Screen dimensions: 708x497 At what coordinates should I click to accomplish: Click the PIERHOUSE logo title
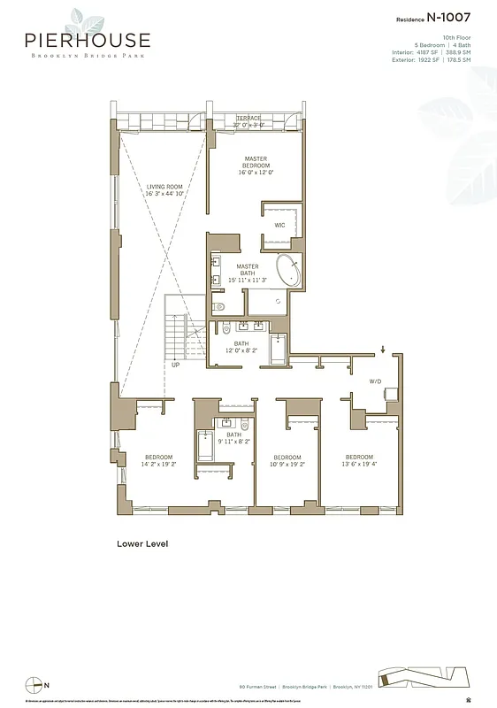point(87,40)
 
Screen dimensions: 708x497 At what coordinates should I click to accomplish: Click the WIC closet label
point(279,226)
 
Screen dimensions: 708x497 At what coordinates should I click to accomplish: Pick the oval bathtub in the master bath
point(289,270)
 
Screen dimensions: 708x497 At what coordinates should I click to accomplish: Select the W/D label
point(376,381)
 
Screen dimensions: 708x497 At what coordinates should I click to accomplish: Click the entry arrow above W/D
point(382,350)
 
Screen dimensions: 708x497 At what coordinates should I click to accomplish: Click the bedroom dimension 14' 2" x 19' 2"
point(159,463)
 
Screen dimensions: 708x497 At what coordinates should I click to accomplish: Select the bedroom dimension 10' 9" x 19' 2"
point(287,463)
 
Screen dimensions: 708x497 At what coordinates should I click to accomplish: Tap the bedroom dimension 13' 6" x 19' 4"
point(359,463)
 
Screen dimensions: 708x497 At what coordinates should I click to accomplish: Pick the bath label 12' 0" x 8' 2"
point(241,350)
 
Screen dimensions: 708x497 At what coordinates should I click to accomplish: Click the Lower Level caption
point(142,543)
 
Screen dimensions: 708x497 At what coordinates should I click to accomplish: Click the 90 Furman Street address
point(264,686)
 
